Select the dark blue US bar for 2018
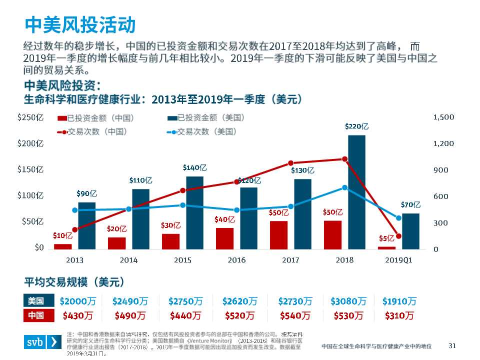tap(356, 192)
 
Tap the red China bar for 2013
tap(63, 246)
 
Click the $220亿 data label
tap(357, 126)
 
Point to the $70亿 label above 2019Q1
tap(410, 204)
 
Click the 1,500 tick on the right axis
tap(443, 117)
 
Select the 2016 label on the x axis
tap(236, 260)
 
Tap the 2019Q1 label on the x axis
tap(398, 260)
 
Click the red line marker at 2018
tap(344, 159)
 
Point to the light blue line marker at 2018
tap(344, 187)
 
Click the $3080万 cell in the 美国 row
tap(348, 301)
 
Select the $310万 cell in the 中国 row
tap(399, 315)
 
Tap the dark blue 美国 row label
tap(36, 301)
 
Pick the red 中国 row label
tap(36, 315)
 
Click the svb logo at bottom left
tap(41, 342)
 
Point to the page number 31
tap(453, 345)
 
